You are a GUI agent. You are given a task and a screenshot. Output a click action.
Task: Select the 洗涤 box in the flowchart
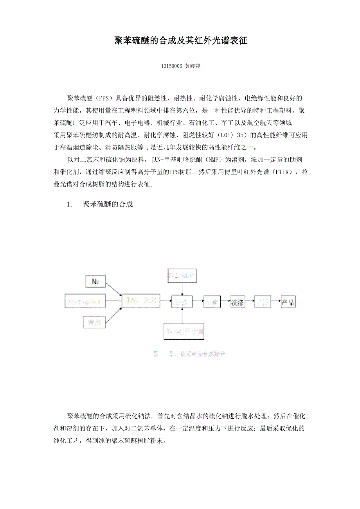click(x=238, y=302)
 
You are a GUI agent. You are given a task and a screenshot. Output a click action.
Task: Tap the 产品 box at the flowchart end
click(x=288, y=302)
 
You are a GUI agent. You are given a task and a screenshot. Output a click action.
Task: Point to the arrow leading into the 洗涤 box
click(x=225, y=302)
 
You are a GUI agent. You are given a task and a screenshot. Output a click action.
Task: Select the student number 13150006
click(x=171, y=66)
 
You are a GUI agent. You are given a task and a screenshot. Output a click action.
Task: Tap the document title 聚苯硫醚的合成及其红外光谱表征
click(x=180, y=41)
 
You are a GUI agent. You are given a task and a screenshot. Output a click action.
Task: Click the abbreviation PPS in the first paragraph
click(x=105, y=98)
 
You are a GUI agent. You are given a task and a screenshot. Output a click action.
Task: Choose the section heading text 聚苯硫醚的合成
click(x=108, y=204)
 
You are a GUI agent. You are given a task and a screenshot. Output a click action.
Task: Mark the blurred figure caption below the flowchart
click(x=189, y=354)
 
